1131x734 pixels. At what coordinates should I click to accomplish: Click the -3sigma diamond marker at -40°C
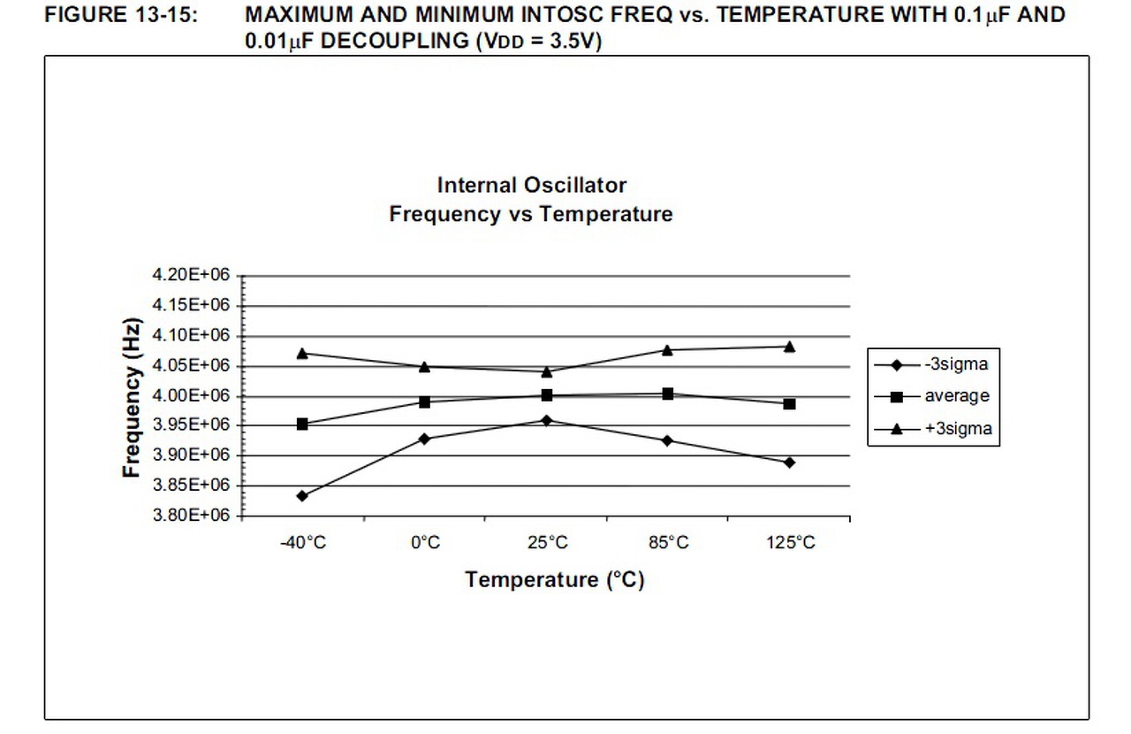[x=302, y=496]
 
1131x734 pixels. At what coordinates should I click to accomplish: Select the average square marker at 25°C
[x=547, y=395]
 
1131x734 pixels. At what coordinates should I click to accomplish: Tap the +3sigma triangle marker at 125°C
[x=789, y=347]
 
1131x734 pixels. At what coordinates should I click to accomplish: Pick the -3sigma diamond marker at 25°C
[x=547, y=420]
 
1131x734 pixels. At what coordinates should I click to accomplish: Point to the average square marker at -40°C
[x=302, y=424]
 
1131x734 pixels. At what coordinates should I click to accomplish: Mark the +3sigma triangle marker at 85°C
[x=668, y=350]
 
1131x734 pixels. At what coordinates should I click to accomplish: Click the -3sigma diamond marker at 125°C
[x=789, y=463]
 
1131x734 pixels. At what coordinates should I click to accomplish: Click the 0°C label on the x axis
[x=425, y=542]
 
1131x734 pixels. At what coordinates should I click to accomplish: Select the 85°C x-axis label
[x=668, y=542]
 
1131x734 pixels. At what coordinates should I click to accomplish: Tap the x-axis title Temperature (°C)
[x=555, y=580]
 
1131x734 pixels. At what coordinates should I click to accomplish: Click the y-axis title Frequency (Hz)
[x=132, y=396]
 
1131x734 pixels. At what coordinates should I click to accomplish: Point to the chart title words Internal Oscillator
[x=532, y=186]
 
